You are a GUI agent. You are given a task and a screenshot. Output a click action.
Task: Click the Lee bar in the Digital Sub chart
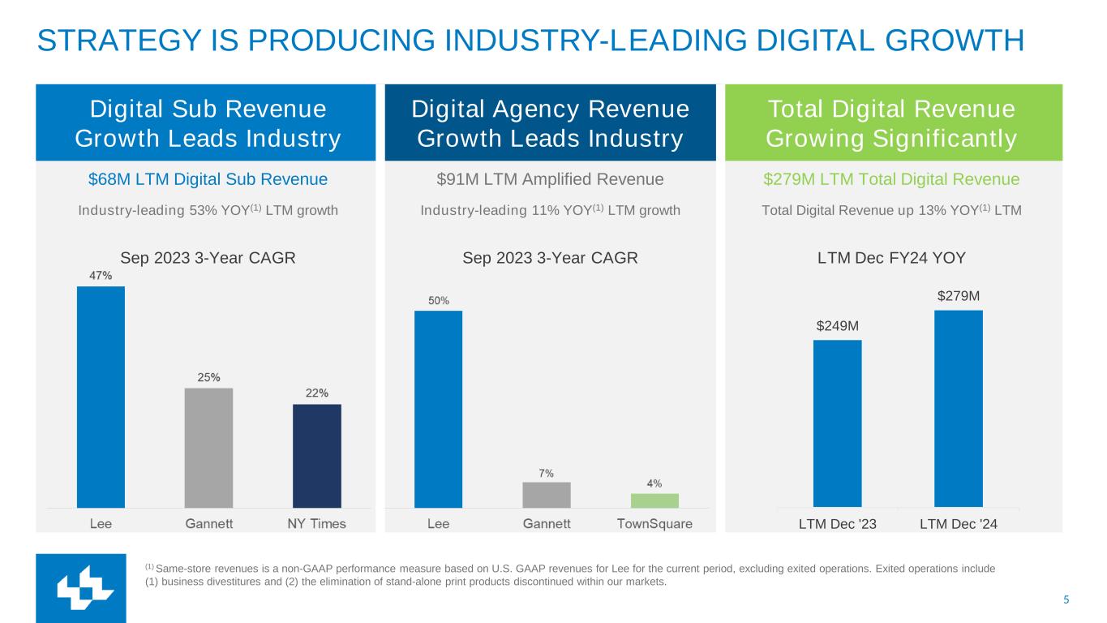[x=101, y=397]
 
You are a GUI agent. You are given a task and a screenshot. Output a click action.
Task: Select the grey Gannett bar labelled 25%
[x=208, y=448]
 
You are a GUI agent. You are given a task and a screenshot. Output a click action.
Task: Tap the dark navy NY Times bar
[x=316, y=456]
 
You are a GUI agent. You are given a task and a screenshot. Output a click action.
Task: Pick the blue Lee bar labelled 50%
[x=438, y=409]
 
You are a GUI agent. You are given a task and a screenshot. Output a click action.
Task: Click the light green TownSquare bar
[x=654, y=501]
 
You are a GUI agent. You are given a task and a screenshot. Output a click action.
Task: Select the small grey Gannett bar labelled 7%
[x=547, y=495]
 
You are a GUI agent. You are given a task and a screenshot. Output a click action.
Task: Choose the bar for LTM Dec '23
[x=837, y=423]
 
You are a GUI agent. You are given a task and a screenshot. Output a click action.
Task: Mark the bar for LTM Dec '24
[x=958, y=409]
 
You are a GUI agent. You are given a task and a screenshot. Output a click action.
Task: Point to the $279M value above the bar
[x=959, y=296]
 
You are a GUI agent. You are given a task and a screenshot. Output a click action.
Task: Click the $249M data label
[x=837, y=326]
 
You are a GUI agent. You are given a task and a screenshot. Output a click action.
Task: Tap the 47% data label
[x=101, y=276]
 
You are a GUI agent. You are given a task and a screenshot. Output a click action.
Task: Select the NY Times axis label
[x=316, y=524]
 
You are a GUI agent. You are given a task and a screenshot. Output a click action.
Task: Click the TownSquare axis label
[x=654, y=524]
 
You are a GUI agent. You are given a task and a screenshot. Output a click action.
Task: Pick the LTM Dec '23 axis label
[x=838, y=525]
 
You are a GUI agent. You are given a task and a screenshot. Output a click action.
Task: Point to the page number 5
[x=1066, y=600]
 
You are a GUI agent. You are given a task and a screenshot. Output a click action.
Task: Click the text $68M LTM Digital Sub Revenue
[x=208, y=179]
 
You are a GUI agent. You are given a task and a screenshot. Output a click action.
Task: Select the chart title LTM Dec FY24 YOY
[x=891, y=258]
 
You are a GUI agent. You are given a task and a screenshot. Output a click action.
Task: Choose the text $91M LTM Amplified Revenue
[x=550, y=179]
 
